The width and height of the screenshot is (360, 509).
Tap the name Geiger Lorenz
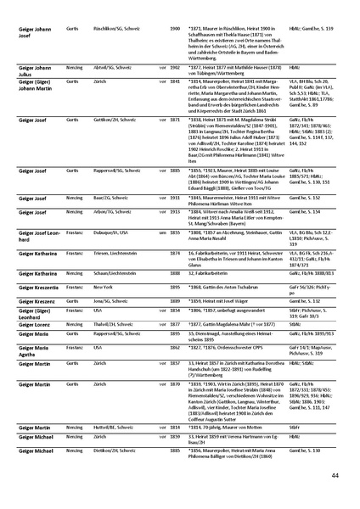[31, 323]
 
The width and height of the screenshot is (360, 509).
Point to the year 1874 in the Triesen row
[175, 255]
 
